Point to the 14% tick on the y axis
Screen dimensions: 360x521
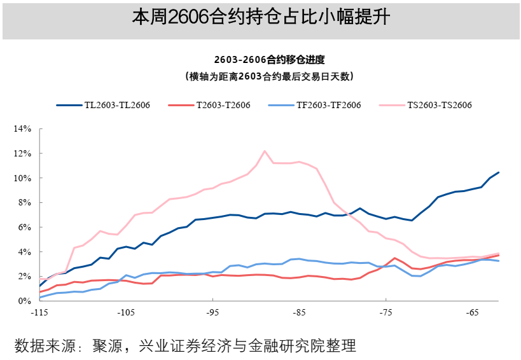point(22,129)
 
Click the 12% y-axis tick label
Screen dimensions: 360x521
point(22,154)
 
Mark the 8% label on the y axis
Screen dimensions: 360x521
point(24,203)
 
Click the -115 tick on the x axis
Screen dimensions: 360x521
point(39,313)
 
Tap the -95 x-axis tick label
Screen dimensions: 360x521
point(212,313)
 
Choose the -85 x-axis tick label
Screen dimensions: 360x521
point(299,313)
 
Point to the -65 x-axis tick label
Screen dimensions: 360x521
point(472,313)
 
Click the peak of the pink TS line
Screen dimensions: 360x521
point(265,151)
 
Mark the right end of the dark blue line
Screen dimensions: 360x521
point(499,172)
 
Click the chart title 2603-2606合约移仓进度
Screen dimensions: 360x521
point(269,60)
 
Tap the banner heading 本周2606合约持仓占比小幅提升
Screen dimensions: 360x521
point(261,18)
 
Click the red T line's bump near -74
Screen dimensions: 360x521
point(394,258)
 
